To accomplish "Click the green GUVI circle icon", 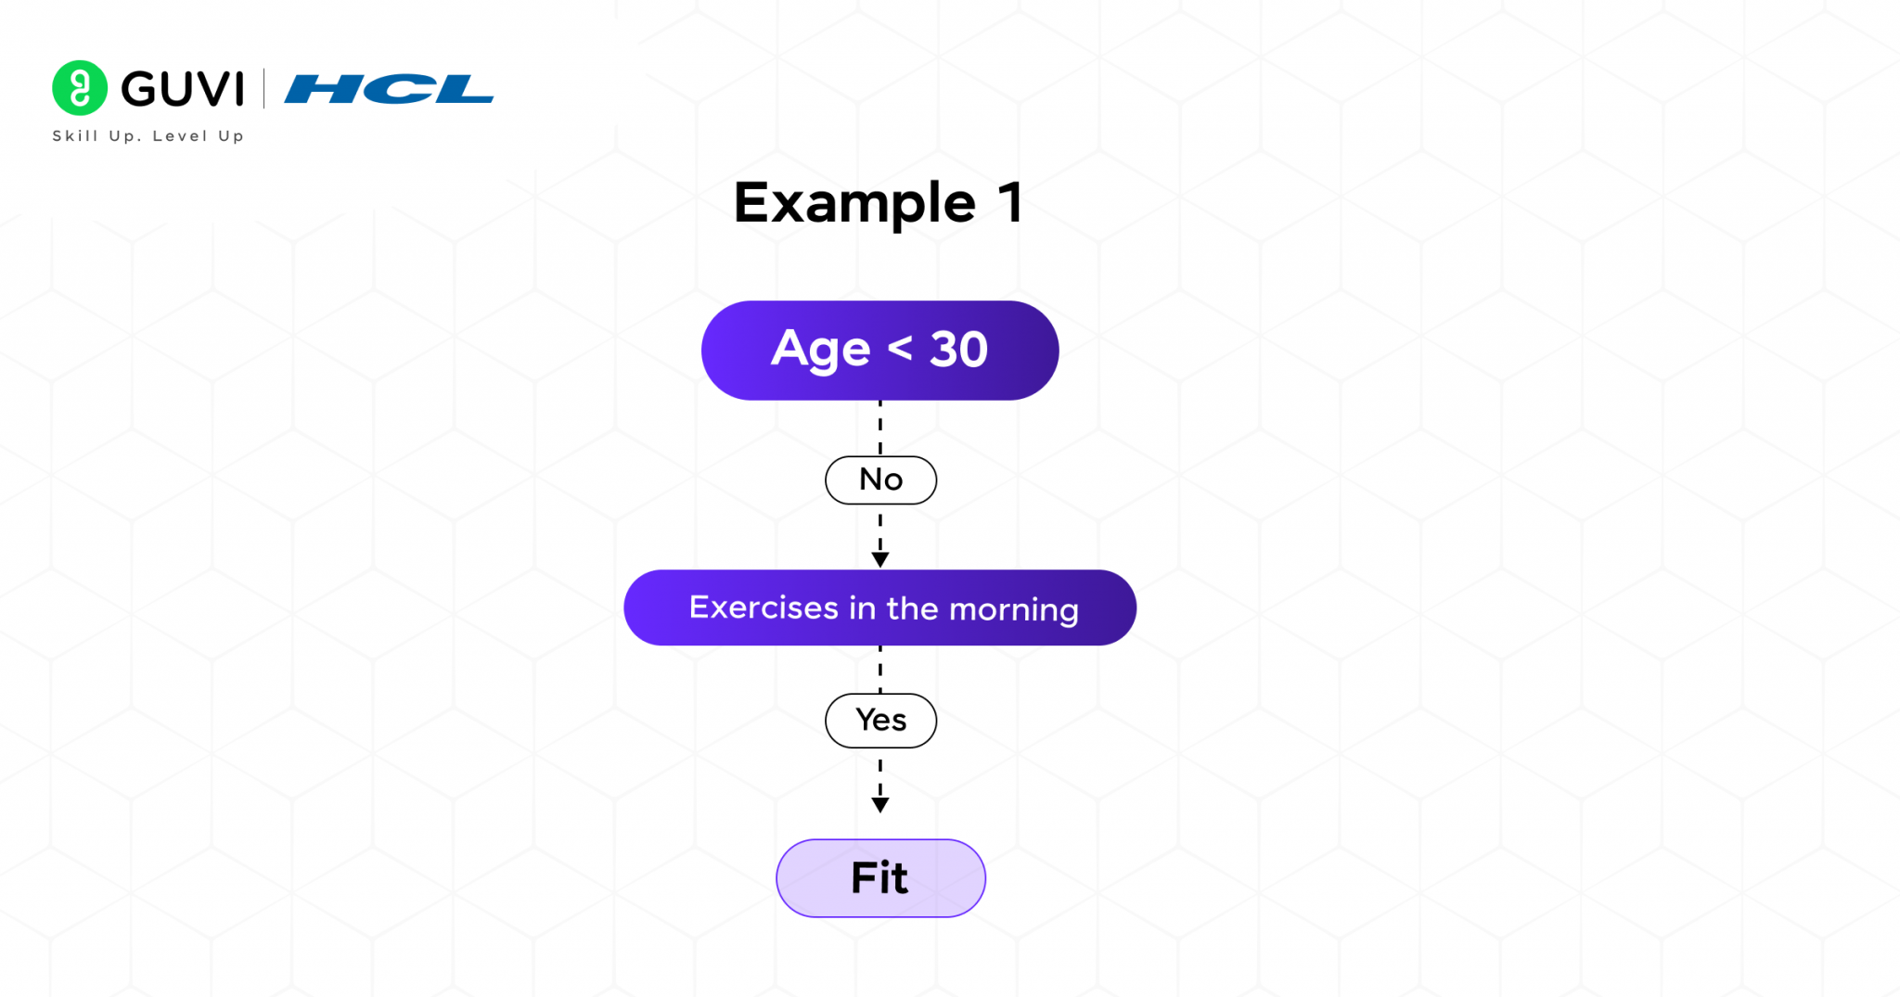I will [x=80, y=88].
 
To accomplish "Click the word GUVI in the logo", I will [x=183, y=89].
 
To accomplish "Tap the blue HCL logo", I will [x=389, y=89].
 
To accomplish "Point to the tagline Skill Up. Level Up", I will [x=148, y=136].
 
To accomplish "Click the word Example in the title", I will [x=854, y=203].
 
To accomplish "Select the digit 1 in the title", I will [x=1010, y=203].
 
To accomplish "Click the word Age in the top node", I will [x=820, y=351].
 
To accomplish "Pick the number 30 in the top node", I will [x=958, y=350].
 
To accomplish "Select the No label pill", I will [x=880, y=480].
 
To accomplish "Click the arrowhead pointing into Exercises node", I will [x=880, y=559].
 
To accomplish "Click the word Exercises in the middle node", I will [x=764, y=607].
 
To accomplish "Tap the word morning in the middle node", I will [x=1014, y=609].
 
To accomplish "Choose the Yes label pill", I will [x=880, y=721].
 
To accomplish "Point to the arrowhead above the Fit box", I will [x=880, y=805].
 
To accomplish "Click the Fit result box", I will [x=880, y=878].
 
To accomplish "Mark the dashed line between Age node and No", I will [x=880, y=428].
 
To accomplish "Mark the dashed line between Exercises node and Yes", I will [x=880, y=669].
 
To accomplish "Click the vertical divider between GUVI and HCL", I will [x=264, y=89].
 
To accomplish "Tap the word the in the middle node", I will [x=912, y=608].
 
